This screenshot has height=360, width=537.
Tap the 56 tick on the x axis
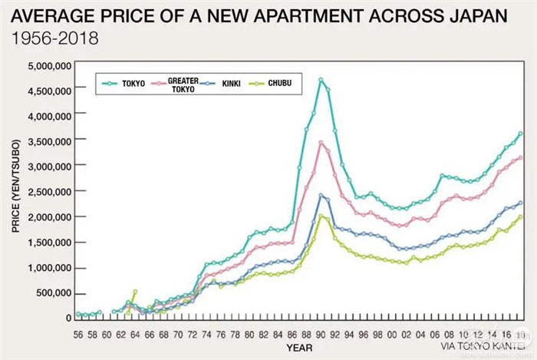[78, 335]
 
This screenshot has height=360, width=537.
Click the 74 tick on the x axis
[207, 335]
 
